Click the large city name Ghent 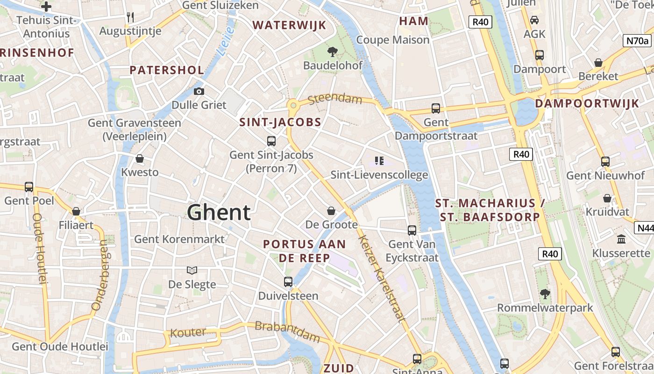click(x=219, y=213)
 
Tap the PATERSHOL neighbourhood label click(x=167, y=70)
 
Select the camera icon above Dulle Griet click(x=199, y=91)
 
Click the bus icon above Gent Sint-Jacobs click(x=271, y=141)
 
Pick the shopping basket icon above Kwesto click(x=139, y=158)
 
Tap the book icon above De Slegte click(x=192, y=270)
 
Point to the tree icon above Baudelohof click(x=333, y=51)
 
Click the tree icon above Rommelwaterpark click(x=545, y=294)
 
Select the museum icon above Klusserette click(x=621, y=239)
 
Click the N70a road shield click(x=637, y=41)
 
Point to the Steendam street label click(x=335, y=99)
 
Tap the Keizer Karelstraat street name click(x=381, y=278)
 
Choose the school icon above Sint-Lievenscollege click(x=379, y=161)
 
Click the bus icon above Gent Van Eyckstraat click(x=412, y=230)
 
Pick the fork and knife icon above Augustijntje click(x=130, y=17)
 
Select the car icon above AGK click(x=534, y=20)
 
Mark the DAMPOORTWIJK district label click(x=587, y=104)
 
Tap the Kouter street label click(x=188, y=333)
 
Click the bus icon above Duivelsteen click(x=288, y=282)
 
